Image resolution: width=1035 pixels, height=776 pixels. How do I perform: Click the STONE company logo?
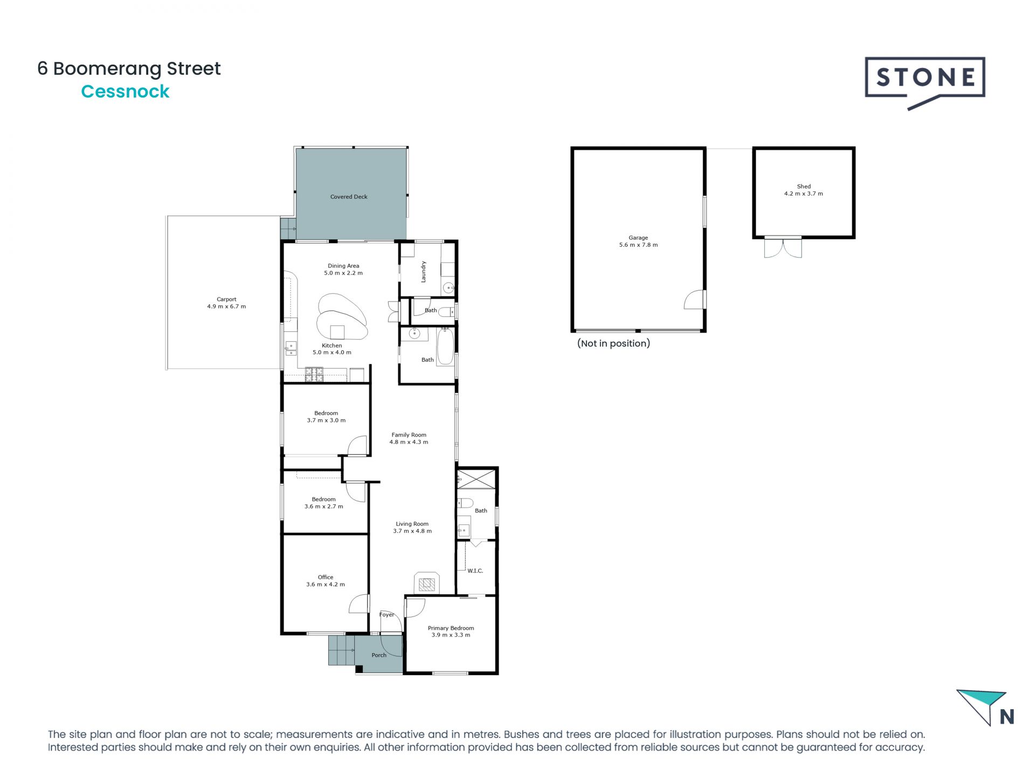point(925,79)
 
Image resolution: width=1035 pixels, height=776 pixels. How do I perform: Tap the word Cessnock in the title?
point(125,92)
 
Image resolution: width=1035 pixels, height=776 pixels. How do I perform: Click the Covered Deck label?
point(349,197)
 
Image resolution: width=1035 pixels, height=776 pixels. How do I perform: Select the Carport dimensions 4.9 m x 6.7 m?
point(226,307)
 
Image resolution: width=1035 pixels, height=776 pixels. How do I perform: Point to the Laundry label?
point(423,272)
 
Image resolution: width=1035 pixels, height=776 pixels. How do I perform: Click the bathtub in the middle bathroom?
point(446,347)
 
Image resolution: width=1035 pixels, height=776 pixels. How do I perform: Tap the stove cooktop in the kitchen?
point(314,375)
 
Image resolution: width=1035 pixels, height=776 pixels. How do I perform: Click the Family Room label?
point(409,435)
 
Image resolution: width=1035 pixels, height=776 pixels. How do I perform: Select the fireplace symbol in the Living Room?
point(427,584)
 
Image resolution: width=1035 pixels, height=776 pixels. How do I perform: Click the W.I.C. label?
point(475,571)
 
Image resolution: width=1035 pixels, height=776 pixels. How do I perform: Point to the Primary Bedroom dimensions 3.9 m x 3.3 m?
point(451,635)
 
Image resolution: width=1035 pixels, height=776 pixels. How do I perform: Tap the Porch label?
point(379,655)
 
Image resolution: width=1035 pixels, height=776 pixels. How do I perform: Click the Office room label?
point(326,577)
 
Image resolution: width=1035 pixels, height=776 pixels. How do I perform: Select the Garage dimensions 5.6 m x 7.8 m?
point(638,245)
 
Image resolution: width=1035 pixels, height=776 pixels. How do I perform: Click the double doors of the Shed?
point(783,248)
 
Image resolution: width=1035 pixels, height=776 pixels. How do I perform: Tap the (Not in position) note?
point(613,343)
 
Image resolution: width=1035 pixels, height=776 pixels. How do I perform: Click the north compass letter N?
point(1006,717)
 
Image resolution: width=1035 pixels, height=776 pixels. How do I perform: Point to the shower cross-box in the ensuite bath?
point(477,479)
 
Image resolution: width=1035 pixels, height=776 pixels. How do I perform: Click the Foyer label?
point(387,615)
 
